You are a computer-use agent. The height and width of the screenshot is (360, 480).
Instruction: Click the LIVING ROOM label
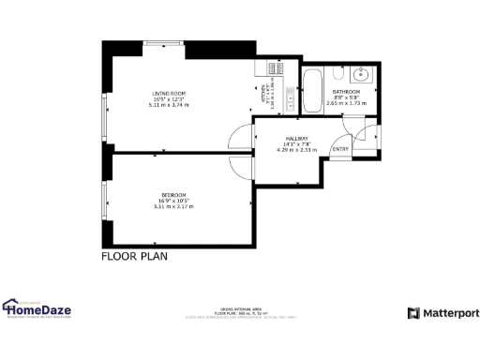[x=168, y=93]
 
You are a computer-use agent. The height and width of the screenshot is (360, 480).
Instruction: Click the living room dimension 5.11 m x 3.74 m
[x=169, y=105]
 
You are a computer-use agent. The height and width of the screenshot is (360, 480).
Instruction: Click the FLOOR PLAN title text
[x=134, y=255]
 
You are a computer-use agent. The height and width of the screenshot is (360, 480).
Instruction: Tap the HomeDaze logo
[x=37, y=307]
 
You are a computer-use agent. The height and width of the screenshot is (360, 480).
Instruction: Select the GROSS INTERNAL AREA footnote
[x=240, y=312]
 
